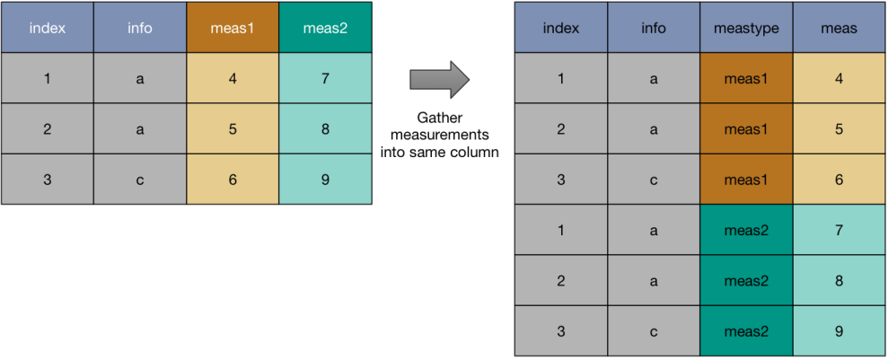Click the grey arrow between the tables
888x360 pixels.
(x=439, y=79)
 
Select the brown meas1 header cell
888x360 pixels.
(x=233, y=28)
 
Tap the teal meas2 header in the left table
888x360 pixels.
(x=325, y=28)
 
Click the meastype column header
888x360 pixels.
(x=746, y=28)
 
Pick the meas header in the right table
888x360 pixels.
(x=840, y=28)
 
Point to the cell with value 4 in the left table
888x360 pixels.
(x=233, y=78)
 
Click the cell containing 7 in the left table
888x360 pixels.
(x=325, y=78)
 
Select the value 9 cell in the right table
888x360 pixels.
(x=840, y=331)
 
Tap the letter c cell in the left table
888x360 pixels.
(x=140, y=180)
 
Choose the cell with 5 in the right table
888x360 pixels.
(x=840, y=129)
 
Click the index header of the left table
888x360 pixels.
(x=47, y=28)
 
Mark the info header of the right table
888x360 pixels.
(x=654, y=28)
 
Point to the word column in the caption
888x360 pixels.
(x=475, y=153)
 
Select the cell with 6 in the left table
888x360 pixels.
(x=233, y=180)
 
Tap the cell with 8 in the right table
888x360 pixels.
(x=840, y=281)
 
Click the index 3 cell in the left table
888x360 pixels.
(x=47, y=180)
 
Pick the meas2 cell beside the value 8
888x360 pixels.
(x=746, y=281)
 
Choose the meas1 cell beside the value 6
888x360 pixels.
(x=746, y=180)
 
